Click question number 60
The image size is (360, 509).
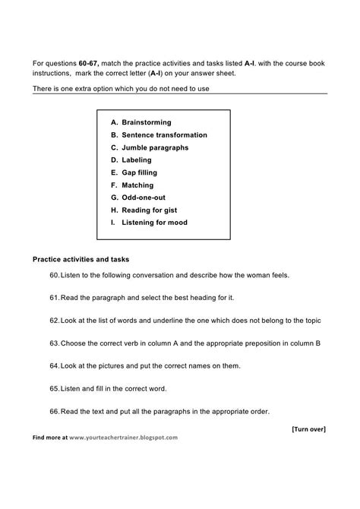tap(54, 274)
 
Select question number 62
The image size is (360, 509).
tap(54, 321)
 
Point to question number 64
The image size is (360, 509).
tap(54, 366)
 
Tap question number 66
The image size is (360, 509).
tap(54, 412)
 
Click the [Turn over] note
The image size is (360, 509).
tap(308, 428)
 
